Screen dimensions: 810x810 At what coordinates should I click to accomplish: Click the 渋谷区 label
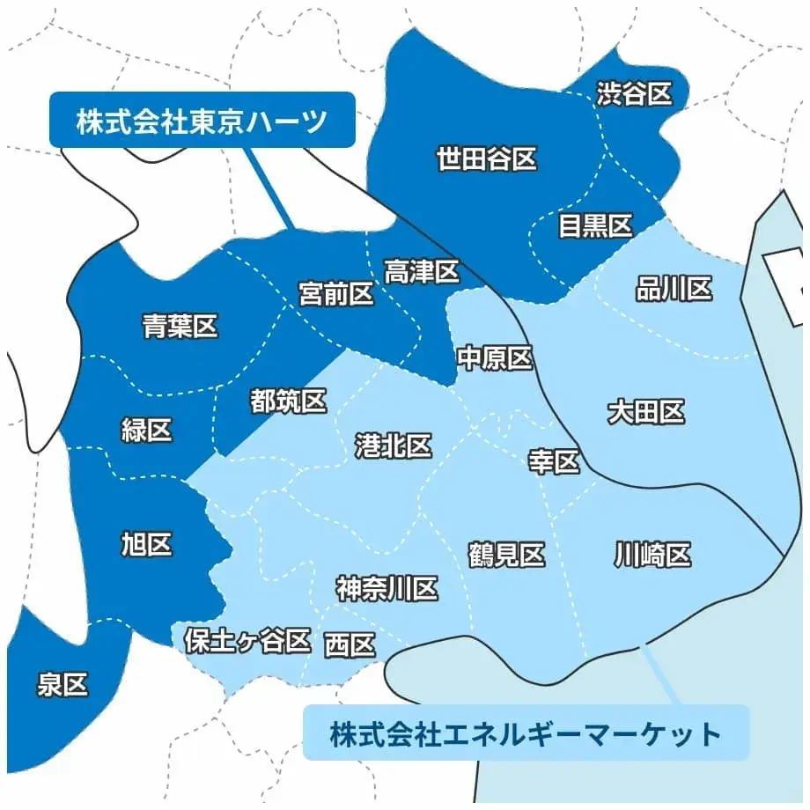[x=634, y=94]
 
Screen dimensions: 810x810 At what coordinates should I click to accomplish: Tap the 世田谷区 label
[x=487, y=159]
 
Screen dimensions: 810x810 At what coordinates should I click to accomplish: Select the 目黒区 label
[x=596, y=226]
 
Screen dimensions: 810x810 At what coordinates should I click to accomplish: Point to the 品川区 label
[x=674, y=289]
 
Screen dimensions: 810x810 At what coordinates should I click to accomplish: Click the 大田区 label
[x=646, y=412]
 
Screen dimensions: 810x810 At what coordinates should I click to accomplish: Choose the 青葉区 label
[x=180, y=328]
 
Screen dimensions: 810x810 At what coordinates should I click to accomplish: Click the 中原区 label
[x=495, y=358]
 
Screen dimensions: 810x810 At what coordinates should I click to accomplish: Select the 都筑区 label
[x=289, y=402]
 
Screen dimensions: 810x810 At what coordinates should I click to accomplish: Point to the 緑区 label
[x=146, y=431]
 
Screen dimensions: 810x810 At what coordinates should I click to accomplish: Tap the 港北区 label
[x=394, y=446]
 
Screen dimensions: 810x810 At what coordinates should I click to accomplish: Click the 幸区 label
[x=554, y=461]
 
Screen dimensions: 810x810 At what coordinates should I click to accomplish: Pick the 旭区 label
[x=146, y=545]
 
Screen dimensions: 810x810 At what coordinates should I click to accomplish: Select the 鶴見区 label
[x=506, y=556]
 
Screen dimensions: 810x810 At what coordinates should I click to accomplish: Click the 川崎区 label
[x=652, y=556]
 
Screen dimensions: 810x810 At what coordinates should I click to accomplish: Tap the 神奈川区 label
[x=387, y=589]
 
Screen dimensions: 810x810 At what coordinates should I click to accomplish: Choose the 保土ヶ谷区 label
[x=247, y=641]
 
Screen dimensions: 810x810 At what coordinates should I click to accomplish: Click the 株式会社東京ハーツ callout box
[x=202, y=120]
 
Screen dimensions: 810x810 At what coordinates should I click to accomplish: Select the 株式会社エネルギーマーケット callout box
[x=526, y=733]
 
